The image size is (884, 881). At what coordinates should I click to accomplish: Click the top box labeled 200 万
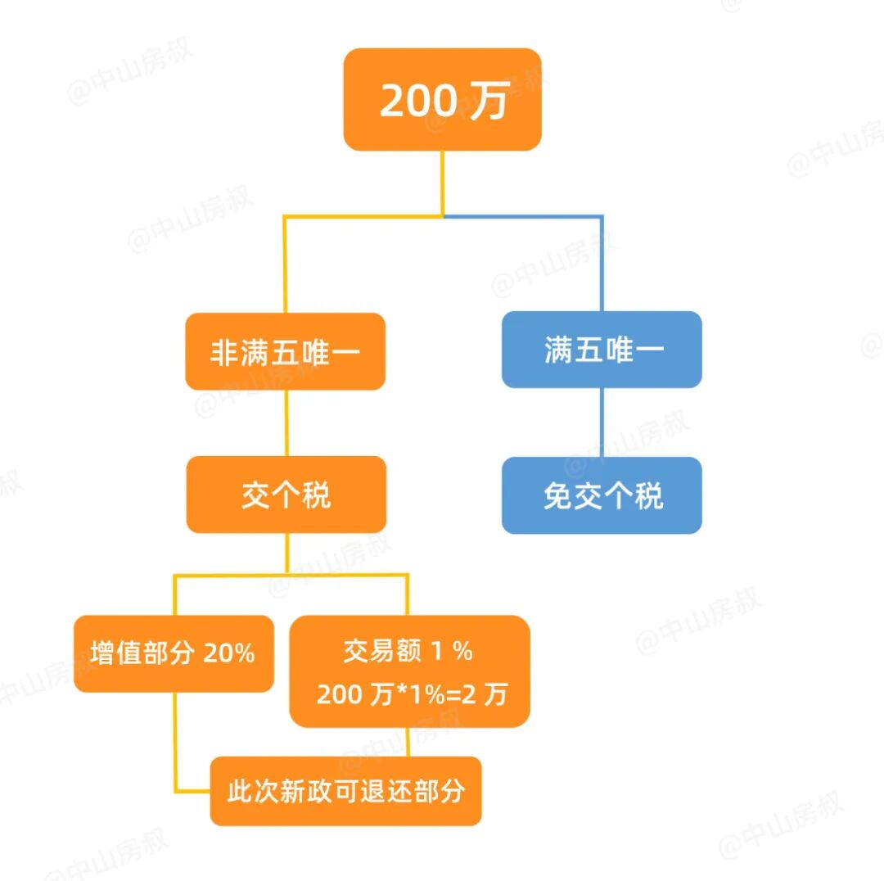[x=442, y=99]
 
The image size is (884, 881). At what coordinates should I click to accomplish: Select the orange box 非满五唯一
[x=285, y=351]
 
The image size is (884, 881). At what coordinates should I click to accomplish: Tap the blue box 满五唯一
[x=602, y=350]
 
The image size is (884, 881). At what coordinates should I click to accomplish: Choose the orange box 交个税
[x=286, y=495]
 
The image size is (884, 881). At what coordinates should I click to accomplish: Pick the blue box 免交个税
[x=602, y=495]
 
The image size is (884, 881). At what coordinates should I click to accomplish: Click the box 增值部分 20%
[x=173, y=653]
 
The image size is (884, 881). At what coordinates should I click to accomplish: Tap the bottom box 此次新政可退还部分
[x=345, y=791]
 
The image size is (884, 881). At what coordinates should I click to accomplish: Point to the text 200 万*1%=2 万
[x=412, y=694]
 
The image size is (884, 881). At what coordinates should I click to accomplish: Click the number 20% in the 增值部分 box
[x=229, y=653]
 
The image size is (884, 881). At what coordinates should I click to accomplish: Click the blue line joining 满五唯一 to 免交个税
[x=602, y=422]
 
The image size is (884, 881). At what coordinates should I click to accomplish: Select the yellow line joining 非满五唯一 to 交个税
[x=286, y=422]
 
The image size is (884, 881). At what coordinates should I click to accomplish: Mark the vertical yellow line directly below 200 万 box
[x=443, y=182]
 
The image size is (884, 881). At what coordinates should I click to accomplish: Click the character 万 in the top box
[x=489, y=101]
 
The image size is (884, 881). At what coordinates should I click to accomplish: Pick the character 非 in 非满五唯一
[x=223, y=352]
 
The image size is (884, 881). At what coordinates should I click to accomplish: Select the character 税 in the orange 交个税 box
[x=316, y=495]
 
